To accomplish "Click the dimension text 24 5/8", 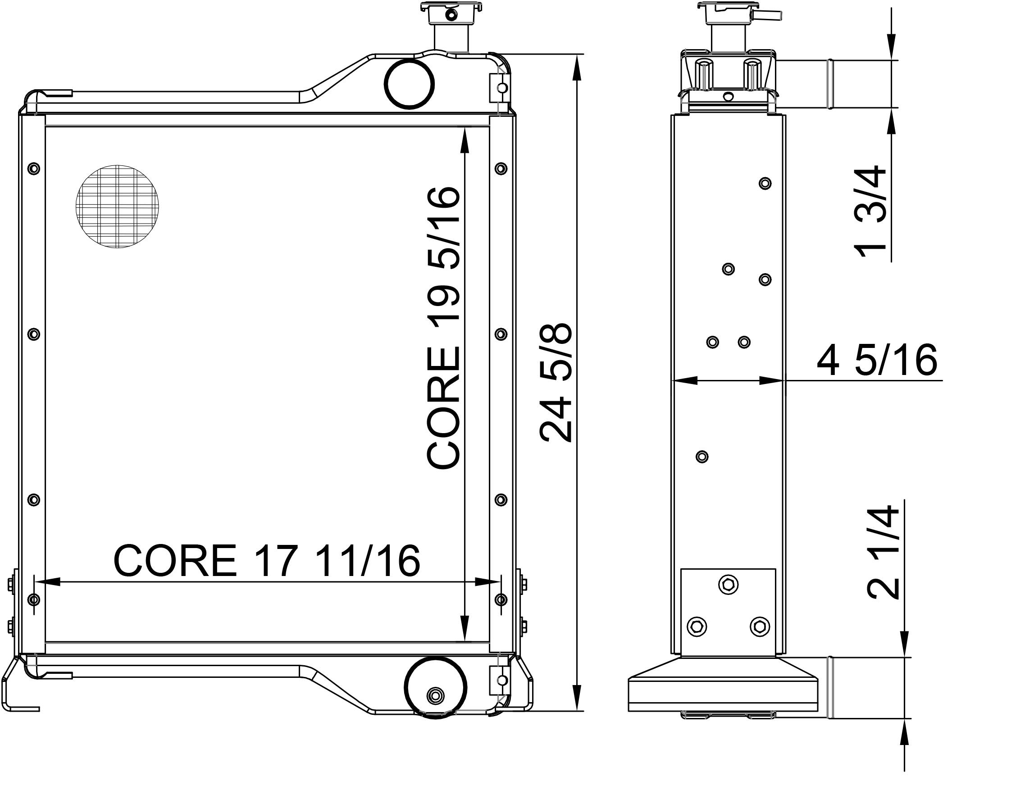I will click(556, 383).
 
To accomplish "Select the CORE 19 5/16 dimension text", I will click(443, 327).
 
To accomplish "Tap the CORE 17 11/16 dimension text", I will click(266, 561).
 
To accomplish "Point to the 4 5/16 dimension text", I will click(877, 360).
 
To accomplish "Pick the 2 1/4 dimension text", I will click(883, 552).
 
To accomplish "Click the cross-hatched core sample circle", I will click(117, 206).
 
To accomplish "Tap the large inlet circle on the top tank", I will click(409, 84).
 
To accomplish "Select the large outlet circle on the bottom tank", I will click(435, 688).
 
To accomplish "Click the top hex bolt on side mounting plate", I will click(729, 585).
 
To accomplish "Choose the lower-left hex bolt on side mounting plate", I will click(697, 626).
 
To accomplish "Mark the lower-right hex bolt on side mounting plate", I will click(760, 626).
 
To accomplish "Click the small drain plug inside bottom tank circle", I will click(436, 695).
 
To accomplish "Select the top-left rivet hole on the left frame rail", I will click(34, 168).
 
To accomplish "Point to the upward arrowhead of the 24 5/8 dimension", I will click(577, 70).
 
